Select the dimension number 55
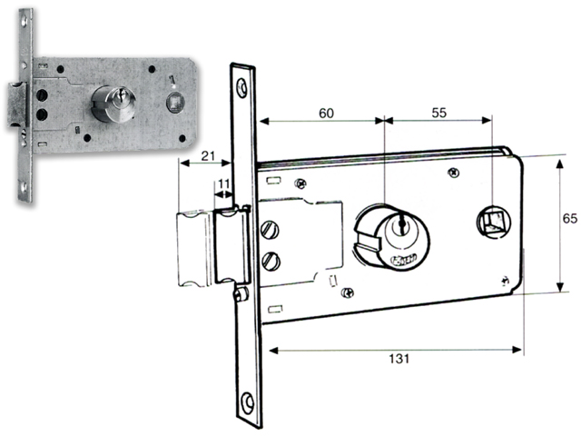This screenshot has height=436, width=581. [439, 113]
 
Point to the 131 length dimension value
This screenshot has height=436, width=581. [397, 358]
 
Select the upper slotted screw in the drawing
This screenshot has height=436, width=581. [269, 230]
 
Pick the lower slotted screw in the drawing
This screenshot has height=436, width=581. [270, 262]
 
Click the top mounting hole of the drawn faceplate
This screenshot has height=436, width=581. [242, 88]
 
